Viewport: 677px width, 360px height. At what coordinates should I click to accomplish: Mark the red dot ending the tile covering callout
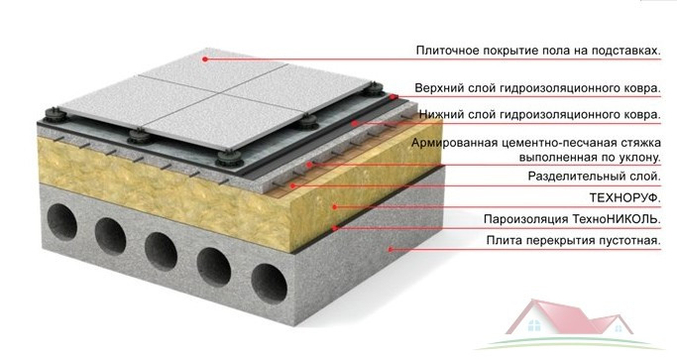coord(205,58)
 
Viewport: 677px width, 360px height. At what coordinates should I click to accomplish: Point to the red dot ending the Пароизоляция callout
coord(338,227)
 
